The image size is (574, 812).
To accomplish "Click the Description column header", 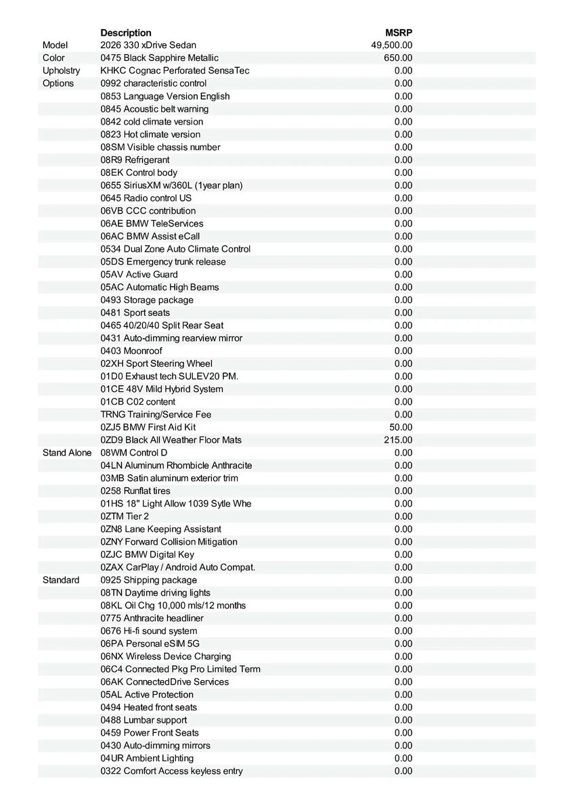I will coord(126,32).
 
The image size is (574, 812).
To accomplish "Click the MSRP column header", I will coord(399,32).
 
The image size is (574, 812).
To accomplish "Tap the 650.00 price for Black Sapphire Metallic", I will coord(398,58).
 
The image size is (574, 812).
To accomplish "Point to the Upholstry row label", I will coord(61,71).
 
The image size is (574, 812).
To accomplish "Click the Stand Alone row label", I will coord(67,453).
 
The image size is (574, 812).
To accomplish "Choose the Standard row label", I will coord(61,580).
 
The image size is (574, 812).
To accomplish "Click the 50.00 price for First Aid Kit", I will coord(401,427).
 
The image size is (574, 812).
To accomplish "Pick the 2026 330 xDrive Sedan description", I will coord(148,45).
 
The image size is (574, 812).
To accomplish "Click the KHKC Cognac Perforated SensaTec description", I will coord(175,71).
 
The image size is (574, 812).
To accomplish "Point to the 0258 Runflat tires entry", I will coord(135,491).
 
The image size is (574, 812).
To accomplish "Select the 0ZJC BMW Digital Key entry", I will coord(147,554).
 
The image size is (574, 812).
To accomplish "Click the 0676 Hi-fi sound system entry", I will coord(149,631).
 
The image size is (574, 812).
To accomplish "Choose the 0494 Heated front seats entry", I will coord(149,707).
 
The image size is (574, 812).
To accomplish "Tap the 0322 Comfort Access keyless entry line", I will coord(171,771).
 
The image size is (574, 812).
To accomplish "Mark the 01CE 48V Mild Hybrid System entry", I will coord(162,389).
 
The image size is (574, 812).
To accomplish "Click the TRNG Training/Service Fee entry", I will coord(156,414).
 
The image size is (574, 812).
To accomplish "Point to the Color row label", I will coord(54,58).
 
